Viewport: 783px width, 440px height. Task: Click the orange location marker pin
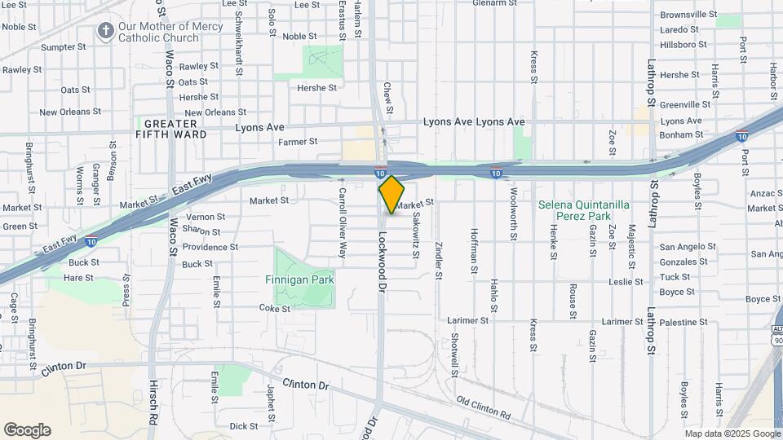(391, 195)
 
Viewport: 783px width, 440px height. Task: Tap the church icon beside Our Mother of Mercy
(105, 32)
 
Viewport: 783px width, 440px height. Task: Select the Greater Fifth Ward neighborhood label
(166, 129)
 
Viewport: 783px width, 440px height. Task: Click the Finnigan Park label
(300, 279)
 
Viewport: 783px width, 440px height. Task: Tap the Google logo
(27, 430)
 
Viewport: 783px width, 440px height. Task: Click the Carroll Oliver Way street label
(343, 223)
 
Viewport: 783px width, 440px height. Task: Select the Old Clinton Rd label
(484, 408)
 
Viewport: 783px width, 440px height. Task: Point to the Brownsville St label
(688, 15)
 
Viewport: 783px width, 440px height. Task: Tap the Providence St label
(210, 247)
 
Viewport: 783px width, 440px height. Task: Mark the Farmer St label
(298, 142)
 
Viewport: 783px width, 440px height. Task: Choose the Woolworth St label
(513, 215)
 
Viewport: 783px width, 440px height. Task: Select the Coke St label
(269, 308)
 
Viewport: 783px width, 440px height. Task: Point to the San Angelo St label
(688, 247)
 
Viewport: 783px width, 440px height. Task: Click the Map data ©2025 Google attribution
(732, 433)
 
